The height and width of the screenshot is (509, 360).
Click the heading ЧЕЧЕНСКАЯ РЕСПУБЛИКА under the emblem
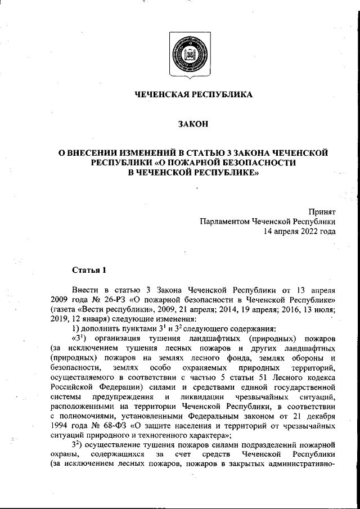(193, 94)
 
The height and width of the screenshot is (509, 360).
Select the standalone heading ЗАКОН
(193, 124)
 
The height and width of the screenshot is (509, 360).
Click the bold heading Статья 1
(89, 271)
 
